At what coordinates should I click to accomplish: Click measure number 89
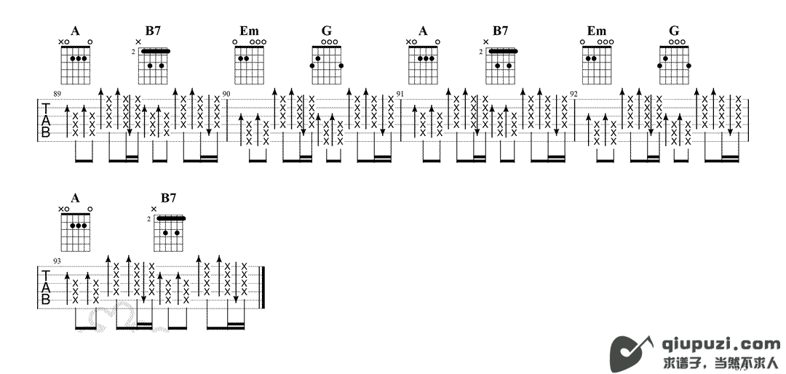tap(57, 95)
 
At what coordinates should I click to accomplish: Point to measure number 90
tap(226, 95)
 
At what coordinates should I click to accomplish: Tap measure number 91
tap(400, 95)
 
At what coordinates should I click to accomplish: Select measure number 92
tap(573, 95)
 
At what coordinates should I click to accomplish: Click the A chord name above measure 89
tap(75, 31)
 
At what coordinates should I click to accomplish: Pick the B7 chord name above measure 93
tap(168, 198)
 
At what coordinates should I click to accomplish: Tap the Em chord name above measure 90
tap(249, 31)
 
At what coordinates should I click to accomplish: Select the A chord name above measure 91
tap(422, 31)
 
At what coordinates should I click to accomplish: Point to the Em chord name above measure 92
tap(596, 31)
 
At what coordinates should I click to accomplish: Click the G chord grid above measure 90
tap(326, 64)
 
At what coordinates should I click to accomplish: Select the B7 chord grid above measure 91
tap(501, 64)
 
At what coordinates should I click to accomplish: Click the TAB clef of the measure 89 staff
tap(46, 120)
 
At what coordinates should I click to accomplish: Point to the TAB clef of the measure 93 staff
tap(46, 287)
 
